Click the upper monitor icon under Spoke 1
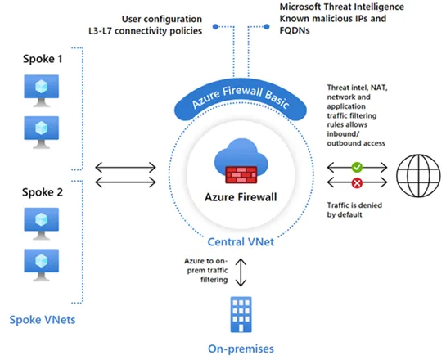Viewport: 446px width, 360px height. click(x=38, y=89)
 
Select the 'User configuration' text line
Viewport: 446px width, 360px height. click(x=162, y=19)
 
